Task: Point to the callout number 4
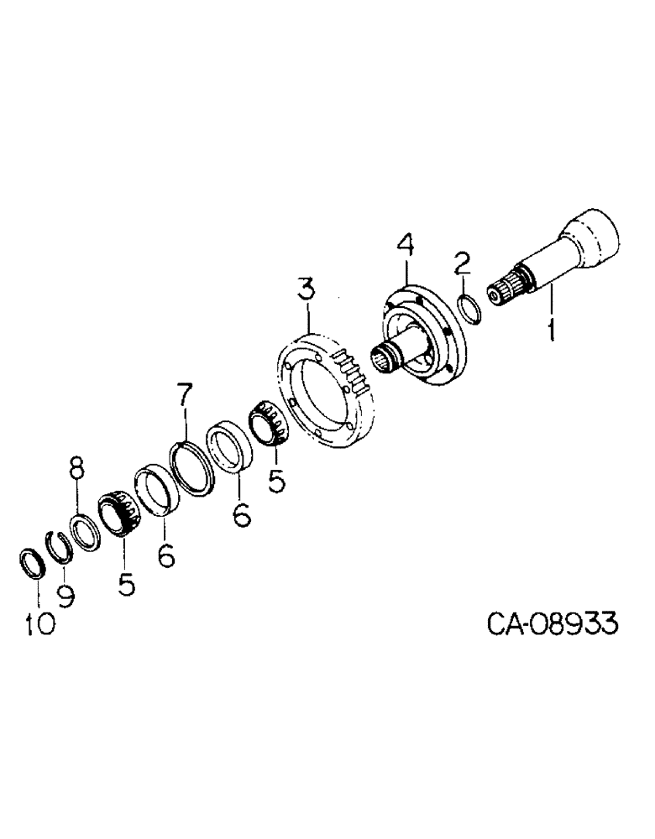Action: click(405, 249)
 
